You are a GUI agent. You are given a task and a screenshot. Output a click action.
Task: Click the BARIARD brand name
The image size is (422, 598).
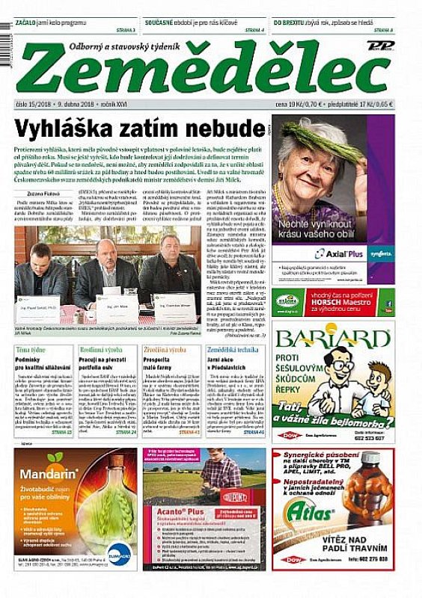tap(333, 337)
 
